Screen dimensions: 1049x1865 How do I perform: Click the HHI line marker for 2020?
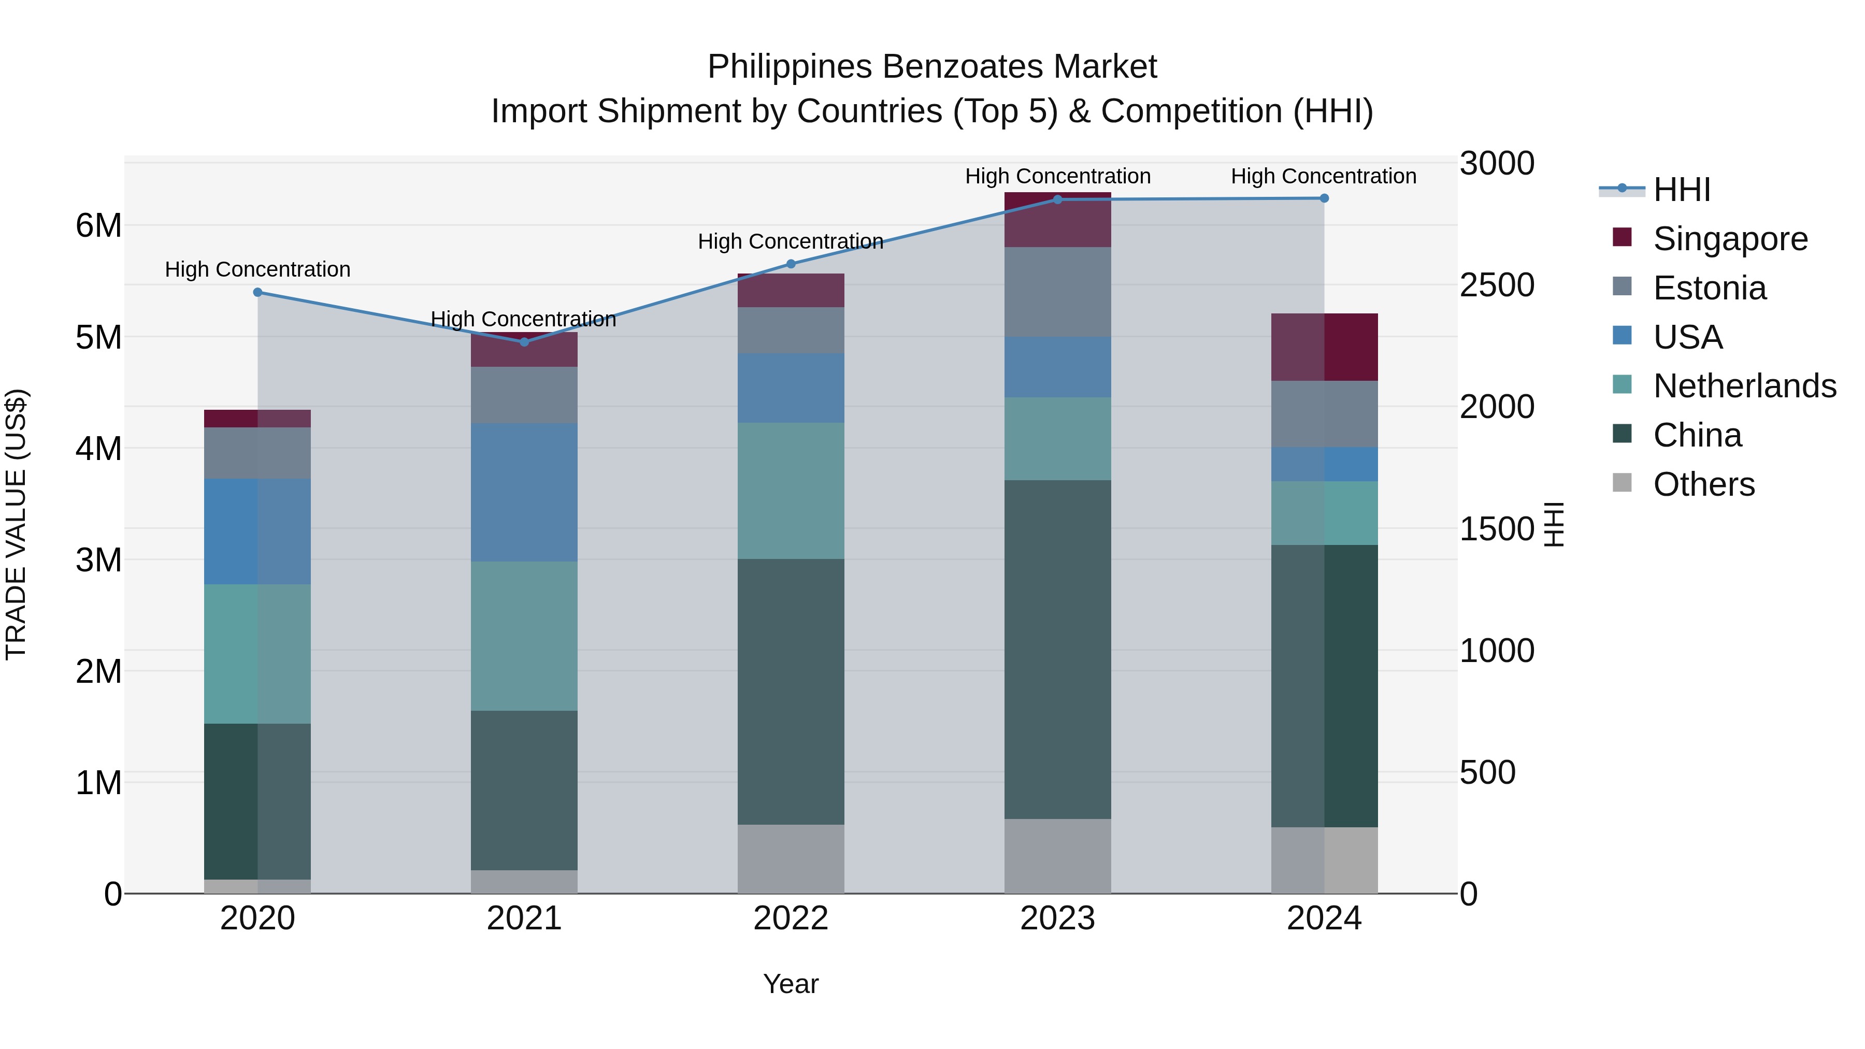tap(258, 293)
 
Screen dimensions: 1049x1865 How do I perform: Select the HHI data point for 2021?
tap(524, 342)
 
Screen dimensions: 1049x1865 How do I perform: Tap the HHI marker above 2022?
tap(791, 264)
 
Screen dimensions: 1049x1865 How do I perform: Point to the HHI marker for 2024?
tap(1324, 198)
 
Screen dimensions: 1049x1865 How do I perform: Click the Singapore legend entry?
tap(1730, 239)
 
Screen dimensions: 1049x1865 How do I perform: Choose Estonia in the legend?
tap(1710, 288)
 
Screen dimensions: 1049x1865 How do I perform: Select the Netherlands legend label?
tap(1744, 386)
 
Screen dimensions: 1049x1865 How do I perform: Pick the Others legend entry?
tap(1703, 484)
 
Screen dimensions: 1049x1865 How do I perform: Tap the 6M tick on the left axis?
tap(98, 226)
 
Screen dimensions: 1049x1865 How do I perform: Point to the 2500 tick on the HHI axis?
tap(1496, 285)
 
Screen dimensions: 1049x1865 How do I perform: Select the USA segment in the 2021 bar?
tap(524, 492)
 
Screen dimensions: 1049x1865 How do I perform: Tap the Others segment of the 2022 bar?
tap(791, 858)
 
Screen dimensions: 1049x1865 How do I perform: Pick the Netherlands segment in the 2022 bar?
tap(791, 491)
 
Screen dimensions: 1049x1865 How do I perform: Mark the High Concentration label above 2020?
tap(258, 269)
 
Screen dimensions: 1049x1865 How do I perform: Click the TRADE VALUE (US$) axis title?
tap(16, 524)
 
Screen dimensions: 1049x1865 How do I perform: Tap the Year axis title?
tap(791, 984)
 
